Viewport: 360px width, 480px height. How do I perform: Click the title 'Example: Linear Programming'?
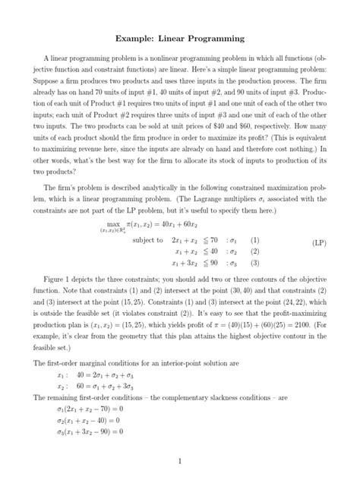click(x=179, y=36)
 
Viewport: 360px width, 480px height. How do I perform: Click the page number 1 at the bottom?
click(x=179, y=461)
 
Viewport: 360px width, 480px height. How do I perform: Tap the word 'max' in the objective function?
click(x=115, y=226)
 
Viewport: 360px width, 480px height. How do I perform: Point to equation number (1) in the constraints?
click(x=255, y=240)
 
